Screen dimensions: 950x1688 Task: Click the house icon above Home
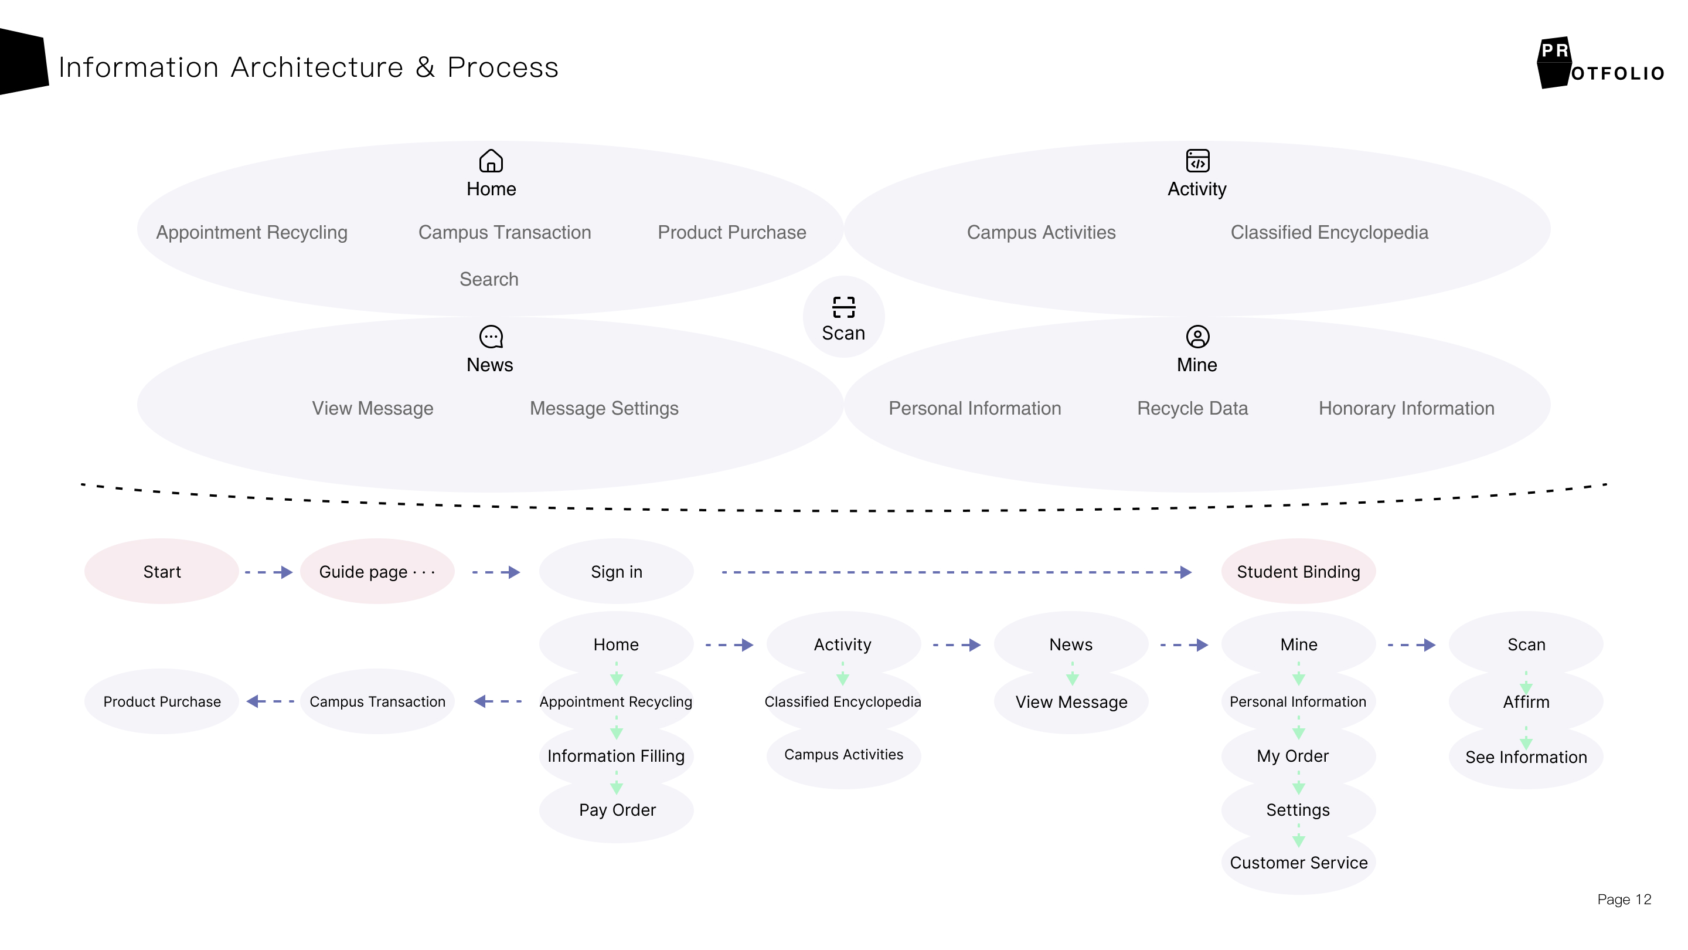pos(491,161)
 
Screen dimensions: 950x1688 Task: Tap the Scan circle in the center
pos(843,317)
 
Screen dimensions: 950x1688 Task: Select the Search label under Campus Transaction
pos(489,279)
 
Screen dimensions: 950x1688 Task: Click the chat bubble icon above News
pos(491,337)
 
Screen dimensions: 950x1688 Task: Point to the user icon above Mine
pos(1197,337)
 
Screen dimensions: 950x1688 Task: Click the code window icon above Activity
pos(1197,161)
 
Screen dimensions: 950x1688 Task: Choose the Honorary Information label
pos(1406,409)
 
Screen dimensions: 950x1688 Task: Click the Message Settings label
pos(604,409)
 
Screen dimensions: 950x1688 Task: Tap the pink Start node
pos(162,572)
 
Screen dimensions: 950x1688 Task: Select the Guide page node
pos(377,572)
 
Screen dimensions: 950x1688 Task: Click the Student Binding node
pos(1298,572)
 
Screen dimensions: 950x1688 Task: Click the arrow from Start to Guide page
pos(268,572)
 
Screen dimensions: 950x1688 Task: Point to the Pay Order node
pos(617,810)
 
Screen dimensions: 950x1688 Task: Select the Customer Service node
pos(1298,863)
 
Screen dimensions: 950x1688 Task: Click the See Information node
pos(1526,757)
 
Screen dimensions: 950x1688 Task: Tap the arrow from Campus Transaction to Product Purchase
pos(270,701)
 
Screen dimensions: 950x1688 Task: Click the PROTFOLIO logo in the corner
pos(1599,63)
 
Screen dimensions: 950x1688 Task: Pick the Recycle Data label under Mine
pos(1192,409)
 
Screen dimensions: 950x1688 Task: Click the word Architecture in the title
pos(317,67)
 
